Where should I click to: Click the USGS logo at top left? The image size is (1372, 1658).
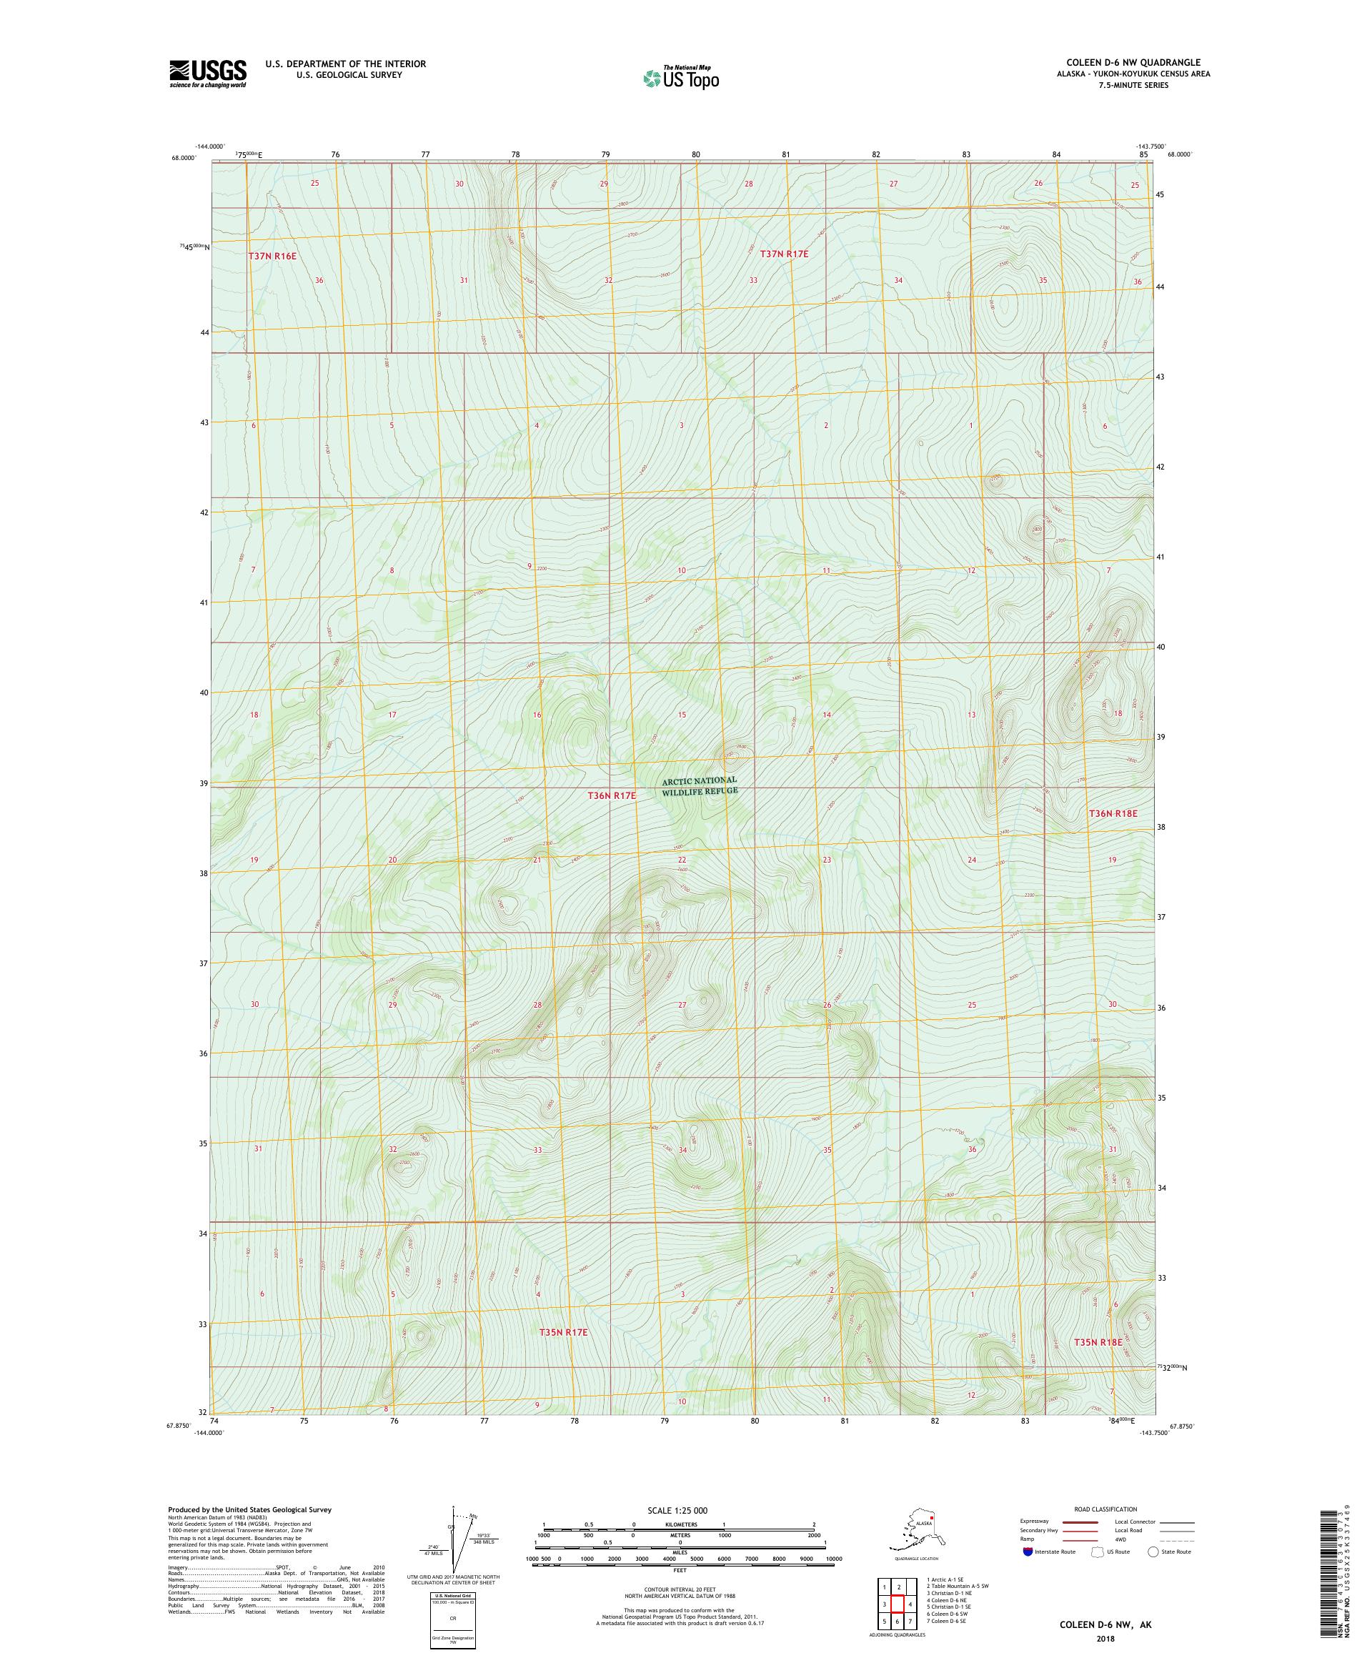tap(207, 74)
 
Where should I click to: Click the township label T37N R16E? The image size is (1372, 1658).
tap(272, 256)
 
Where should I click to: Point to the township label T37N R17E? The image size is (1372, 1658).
tap(784, 254)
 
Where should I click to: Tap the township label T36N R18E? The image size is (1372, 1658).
tap(1113, 813)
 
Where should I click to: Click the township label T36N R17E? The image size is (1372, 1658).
tap(611, 796)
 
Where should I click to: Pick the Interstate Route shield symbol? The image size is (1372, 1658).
tap(1026, 1552)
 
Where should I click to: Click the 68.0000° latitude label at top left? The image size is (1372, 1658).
tap(182, 157)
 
